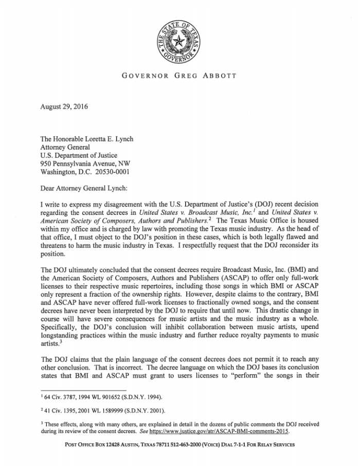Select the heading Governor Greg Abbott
179,76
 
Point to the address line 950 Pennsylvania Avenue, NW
82,163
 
